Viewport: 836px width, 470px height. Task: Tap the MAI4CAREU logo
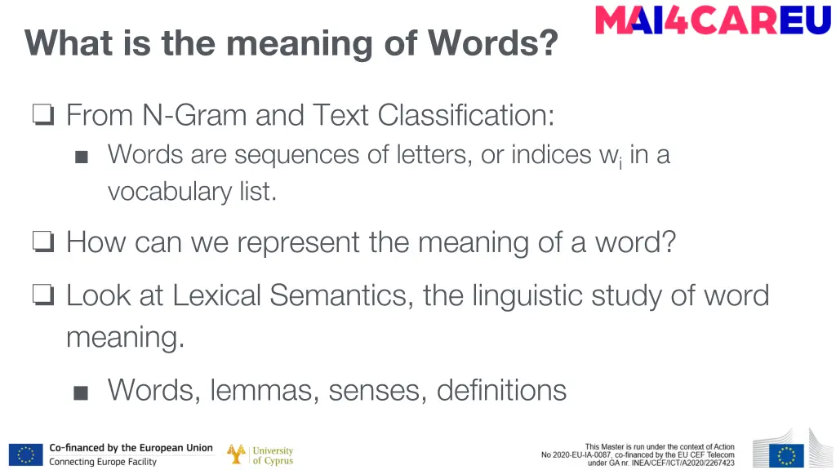[x=712, y=20]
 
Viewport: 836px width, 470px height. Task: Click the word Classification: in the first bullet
[x=466, y=115]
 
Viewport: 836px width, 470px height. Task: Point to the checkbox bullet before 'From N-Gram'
[x=43, y=117]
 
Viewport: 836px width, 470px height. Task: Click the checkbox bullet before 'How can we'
[x=43, y=243]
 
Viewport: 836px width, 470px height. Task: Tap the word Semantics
[x=341, y=295]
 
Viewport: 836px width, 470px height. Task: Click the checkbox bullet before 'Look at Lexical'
[x=43, y=296]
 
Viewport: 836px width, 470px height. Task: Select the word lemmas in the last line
[x=265, y=390]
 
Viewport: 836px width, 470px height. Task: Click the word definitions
[x=501, y=390]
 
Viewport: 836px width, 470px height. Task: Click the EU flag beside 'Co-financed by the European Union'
[x=25, y=454]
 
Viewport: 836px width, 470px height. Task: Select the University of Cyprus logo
[x=260, y=454]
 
